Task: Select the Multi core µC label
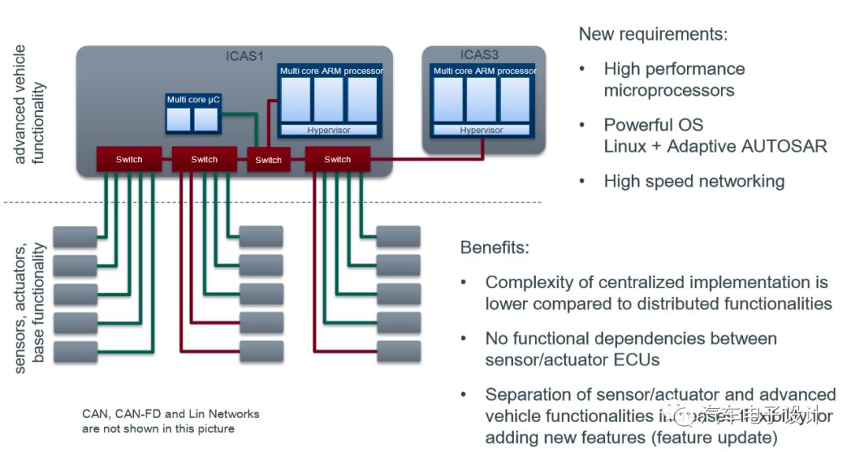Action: point(191,99)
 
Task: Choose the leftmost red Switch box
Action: point(128,159)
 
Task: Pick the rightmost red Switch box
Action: point(336,159)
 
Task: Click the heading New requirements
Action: point(653,34)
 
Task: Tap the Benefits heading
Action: point(495,247)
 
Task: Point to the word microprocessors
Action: point(669,90)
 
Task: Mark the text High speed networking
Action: point(694,181)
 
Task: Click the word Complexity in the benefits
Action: point(533,282)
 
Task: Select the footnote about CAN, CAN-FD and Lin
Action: point(170,421)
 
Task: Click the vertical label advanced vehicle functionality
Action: point(29,104)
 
